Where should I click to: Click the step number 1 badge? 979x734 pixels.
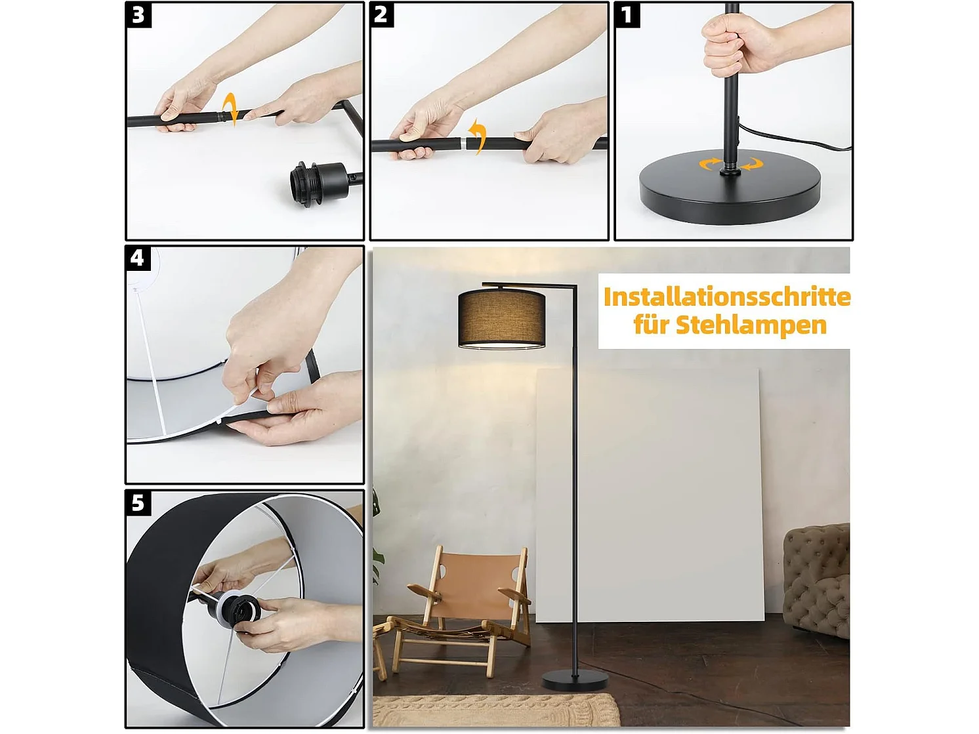627,14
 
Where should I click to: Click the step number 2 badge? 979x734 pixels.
382,14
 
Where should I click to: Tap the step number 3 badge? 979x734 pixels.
138,14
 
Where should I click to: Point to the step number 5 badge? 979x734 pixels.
138,502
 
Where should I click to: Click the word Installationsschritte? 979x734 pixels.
726,296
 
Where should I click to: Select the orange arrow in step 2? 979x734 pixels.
478,136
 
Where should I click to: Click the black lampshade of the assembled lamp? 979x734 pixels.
501,318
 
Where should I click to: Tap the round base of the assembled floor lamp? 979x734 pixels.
574,682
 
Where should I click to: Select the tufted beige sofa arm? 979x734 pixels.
816,577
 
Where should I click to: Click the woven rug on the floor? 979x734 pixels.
495,710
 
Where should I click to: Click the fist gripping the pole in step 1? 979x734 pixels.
733,43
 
